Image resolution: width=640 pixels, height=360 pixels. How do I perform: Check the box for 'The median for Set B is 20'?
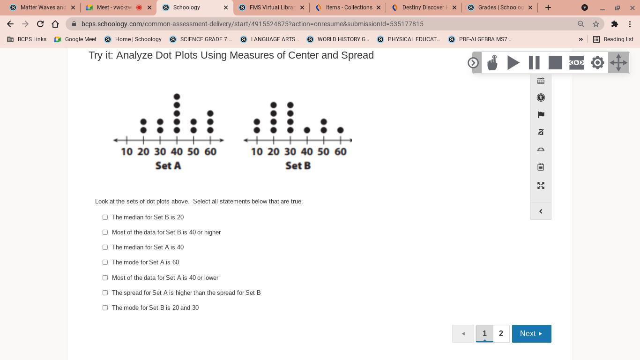coord(105,217)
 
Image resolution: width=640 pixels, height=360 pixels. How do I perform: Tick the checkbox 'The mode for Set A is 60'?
coord(105,262)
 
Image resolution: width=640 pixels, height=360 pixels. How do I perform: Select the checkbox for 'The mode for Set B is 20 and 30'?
coord(105,307)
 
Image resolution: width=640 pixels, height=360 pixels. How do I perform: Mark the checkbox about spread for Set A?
coord(105,293)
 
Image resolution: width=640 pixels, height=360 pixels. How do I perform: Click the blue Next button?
coord(531,333)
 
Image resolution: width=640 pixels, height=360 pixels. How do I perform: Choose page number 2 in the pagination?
coord(501,333)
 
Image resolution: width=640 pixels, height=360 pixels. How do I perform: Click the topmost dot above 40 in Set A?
coord(177,97)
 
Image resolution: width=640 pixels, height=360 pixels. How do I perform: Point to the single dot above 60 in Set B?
coord(340,130)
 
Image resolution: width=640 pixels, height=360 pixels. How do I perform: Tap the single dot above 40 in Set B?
coord(307,130)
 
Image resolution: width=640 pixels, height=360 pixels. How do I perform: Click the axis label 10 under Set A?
coord(127,151)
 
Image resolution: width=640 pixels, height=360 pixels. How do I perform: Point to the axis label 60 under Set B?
coord(340,151)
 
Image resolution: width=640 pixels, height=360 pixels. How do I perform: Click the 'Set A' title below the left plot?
coord(168,165)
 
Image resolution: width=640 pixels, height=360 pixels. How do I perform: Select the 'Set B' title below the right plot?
coord(298,165)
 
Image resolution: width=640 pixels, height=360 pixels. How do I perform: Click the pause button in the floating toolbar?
coord(534,63)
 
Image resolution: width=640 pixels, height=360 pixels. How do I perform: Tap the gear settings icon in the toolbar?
coord(597,63)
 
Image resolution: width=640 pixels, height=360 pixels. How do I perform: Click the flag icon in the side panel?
coord(541,115)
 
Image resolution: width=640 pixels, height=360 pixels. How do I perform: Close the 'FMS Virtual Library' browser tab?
coord(302,7)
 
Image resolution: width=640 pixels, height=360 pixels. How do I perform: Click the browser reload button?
coord(40,24)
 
